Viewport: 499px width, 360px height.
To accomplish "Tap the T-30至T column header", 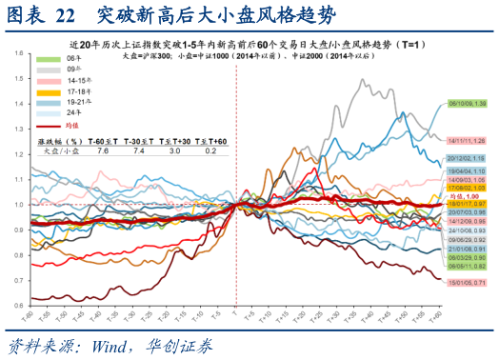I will (x=139, y=139).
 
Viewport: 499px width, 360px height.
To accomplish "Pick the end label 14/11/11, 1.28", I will (x=467, y=139).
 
